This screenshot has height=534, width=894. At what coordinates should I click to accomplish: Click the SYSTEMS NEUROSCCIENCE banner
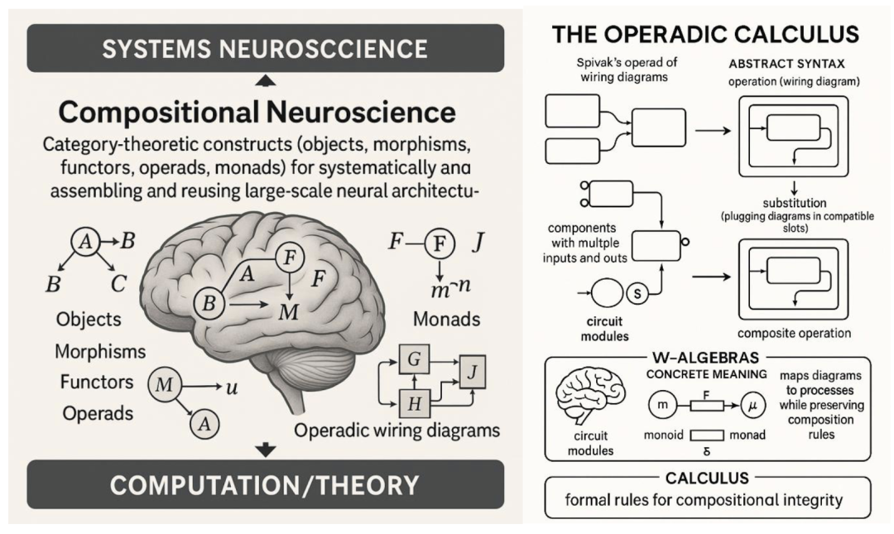(265, 48)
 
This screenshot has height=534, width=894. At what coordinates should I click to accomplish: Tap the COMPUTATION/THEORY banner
(265, 485)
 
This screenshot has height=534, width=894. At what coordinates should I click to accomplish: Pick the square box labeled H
(412, 405)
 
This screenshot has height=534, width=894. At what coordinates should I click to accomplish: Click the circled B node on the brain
(209, 304)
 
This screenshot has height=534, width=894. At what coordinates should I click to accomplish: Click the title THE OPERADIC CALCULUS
(705, 35)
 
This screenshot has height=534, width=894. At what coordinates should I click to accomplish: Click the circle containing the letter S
(638, 293)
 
